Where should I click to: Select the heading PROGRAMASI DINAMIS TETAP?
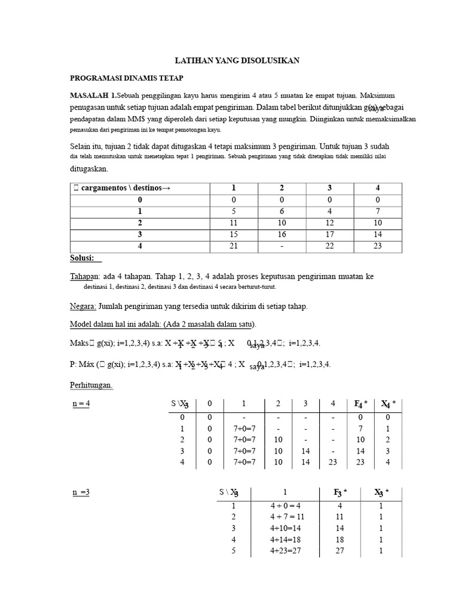pos(127,78)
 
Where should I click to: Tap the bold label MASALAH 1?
pos(93,96)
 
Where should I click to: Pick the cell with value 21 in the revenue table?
pos(233,246)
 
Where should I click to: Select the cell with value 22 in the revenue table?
pos(329,246)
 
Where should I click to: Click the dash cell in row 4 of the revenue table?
pos(281,246)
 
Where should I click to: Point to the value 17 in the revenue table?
pos(329,234)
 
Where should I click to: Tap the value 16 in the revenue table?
pos(281,234)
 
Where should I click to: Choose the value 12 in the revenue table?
pos(329,223)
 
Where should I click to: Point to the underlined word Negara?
pos(83,306)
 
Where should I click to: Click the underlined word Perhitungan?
pos(91,385)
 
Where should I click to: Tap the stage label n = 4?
pos(81,403)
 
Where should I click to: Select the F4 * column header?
pos(360,405)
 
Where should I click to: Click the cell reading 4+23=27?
pos(284,551)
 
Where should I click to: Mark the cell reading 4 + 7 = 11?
pos(284,517)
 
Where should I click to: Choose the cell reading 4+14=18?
pos(284,540)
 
